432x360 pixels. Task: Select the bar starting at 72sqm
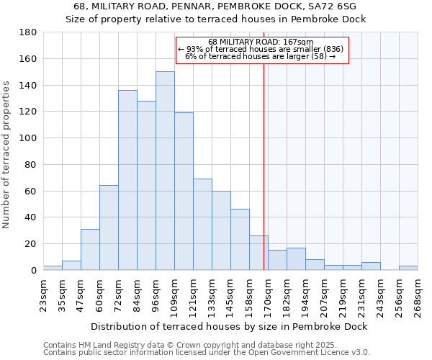(x=127, y=180)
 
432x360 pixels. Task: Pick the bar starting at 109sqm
(x=184, y=191)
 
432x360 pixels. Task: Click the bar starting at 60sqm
(x=109, y=228)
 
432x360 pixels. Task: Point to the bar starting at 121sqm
(x=202, y=224)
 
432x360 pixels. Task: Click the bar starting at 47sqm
(x=90, y=249)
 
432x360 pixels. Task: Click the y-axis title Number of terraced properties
(x=7, y=155)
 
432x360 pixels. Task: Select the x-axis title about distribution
(x=229, y=326)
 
